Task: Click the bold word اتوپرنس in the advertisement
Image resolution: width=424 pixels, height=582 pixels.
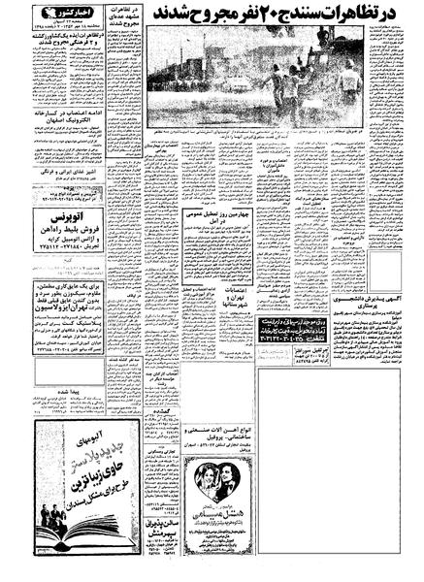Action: pyautogui.click(x=65, y=236)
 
